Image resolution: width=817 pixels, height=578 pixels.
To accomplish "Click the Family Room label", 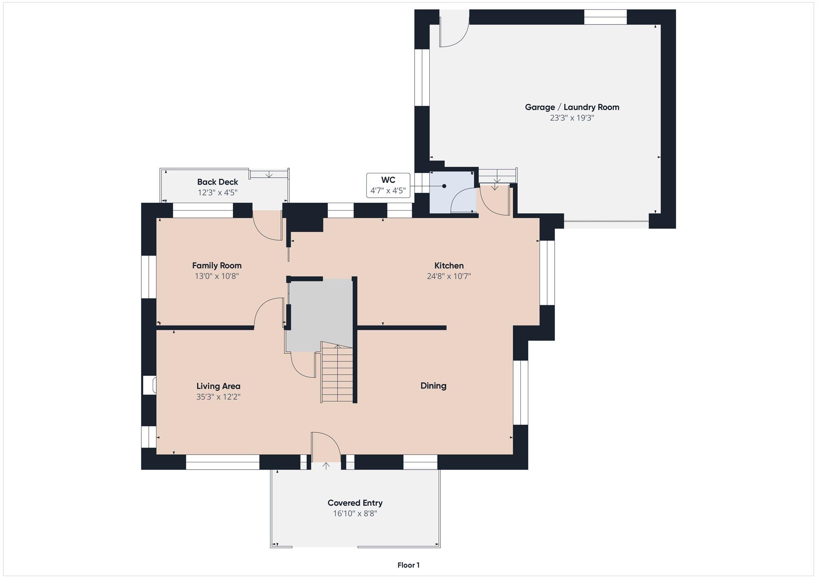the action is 217,266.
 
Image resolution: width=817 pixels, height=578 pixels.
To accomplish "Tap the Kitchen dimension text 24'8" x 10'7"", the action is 449,276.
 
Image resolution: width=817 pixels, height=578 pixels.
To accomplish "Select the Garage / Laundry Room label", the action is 572,107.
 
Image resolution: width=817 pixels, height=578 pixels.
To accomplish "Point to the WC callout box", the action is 388,185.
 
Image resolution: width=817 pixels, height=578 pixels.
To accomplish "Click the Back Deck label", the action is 217,182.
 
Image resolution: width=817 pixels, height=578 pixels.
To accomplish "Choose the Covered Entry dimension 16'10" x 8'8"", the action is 355,514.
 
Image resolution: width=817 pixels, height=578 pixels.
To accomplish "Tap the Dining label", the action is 433,385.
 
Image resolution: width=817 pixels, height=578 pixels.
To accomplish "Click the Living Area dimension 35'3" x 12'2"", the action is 218,397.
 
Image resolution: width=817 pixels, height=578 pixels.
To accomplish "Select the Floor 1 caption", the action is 408,565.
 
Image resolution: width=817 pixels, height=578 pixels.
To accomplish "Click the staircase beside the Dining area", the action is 337,373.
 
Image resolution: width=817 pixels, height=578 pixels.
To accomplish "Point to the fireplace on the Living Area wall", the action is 150,385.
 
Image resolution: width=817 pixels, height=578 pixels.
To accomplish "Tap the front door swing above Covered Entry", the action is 326,446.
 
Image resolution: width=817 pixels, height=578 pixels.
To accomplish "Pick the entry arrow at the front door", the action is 326,466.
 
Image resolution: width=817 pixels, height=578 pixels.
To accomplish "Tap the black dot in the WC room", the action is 444,186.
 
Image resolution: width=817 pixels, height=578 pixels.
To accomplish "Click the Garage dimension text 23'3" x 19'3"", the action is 572,118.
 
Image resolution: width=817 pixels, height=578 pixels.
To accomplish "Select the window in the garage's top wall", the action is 605,17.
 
